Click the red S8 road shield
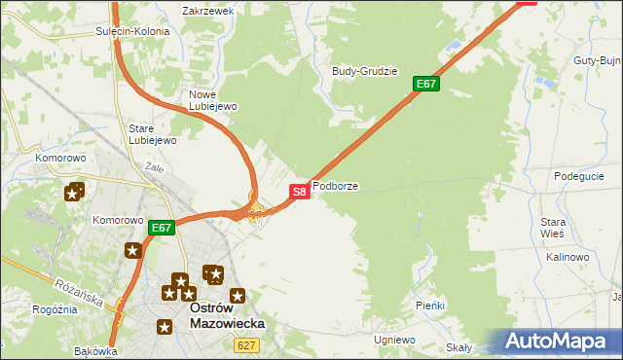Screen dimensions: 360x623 pos(300,192)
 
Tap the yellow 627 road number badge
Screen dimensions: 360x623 pos(246,344)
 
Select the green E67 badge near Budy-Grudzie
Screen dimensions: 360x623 pos(427,84)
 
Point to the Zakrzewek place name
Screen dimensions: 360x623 pos(208,11)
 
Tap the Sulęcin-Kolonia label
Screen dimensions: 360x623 pos(132,31)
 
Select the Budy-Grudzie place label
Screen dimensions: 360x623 pos(364,71)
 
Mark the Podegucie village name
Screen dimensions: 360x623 pos(579,176)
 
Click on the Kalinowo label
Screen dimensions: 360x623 pos(568,257)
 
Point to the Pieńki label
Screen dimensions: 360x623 pos(429,306)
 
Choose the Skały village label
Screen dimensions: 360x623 pos(459,347)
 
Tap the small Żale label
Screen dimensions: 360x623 pos(154,166)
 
